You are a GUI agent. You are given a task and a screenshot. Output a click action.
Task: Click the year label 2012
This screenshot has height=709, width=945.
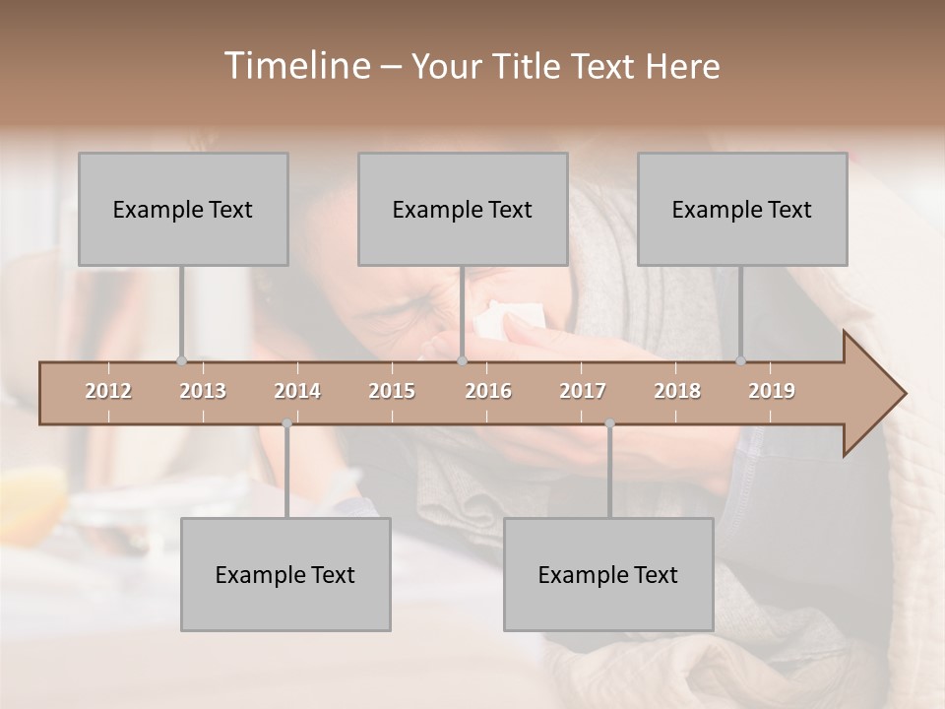tap(108, 391)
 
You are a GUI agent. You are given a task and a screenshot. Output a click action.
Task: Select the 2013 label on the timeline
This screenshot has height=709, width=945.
tap(203, 391)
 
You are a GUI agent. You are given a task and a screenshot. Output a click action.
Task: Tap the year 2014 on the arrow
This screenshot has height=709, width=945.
tap(297, 391)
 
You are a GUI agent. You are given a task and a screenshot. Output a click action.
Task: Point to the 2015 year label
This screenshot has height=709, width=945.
tap(392, 391)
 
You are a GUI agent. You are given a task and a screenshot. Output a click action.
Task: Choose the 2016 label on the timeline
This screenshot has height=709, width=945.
tap(488, 391)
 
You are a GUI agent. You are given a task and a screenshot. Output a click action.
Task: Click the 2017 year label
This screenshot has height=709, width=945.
tap(583, 391)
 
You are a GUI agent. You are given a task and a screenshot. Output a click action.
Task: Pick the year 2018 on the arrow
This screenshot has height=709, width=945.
tap(677, 391)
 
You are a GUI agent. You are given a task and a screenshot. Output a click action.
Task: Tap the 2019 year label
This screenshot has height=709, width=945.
tap(772, 391)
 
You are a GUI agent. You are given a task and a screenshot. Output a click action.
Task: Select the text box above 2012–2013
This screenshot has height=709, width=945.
tap(183, 209)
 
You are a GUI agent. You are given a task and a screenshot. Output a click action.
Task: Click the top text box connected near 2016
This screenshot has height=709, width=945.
tap(463, 209)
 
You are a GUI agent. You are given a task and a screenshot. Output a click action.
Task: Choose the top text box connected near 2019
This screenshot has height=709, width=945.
tap(742, 209)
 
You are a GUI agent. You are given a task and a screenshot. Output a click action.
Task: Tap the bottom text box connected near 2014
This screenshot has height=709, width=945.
tap(285, 574)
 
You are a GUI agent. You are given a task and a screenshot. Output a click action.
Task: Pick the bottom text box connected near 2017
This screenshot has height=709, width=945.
tap(608, 574)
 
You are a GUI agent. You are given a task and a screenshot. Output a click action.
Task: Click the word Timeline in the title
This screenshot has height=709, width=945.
tap(295, 66)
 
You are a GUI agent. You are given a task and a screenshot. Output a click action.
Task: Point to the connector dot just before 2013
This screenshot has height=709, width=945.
tap(181, 361)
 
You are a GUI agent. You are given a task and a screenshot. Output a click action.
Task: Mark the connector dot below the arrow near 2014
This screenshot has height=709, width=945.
tap(286, 423)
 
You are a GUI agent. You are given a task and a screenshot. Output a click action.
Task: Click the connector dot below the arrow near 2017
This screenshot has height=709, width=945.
tap(609, 423)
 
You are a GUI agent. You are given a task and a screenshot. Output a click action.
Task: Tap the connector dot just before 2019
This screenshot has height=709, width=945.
tap(741, 361)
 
